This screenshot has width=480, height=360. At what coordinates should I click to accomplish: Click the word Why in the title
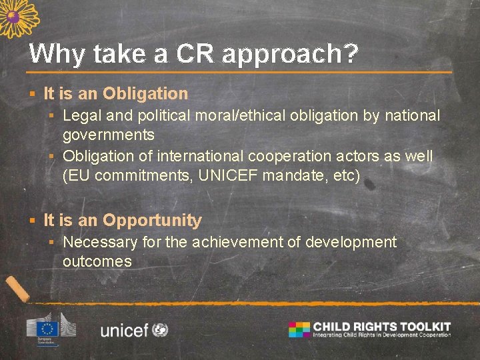coord(56,54)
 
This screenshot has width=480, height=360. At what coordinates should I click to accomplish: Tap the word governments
coord(109,135)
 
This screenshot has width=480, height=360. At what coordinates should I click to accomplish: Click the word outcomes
coord(97,261)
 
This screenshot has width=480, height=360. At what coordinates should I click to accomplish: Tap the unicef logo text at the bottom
coord(124,329)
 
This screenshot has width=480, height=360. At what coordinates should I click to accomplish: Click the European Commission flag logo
coord(47,327)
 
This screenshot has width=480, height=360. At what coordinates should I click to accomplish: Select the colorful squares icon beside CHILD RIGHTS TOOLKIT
coord(299,329)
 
